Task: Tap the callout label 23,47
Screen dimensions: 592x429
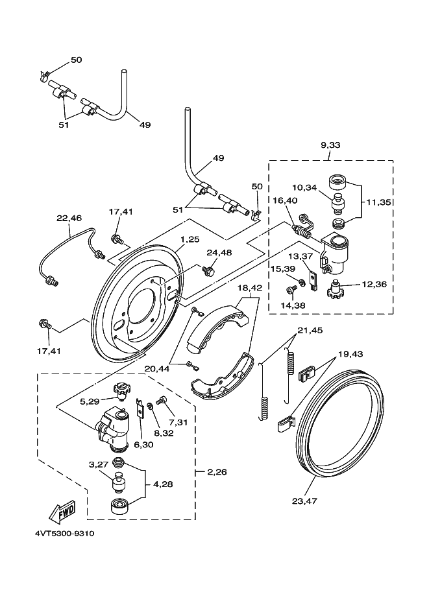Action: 304,501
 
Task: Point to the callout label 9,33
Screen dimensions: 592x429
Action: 330,145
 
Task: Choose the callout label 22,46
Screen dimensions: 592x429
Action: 69,219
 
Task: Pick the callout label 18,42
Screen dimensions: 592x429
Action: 251,287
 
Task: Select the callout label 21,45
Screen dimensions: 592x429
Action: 310,330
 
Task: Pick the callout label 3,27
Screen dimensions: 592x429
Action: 97,465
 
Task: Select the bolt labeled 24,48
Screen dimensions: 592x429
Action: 208,270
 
